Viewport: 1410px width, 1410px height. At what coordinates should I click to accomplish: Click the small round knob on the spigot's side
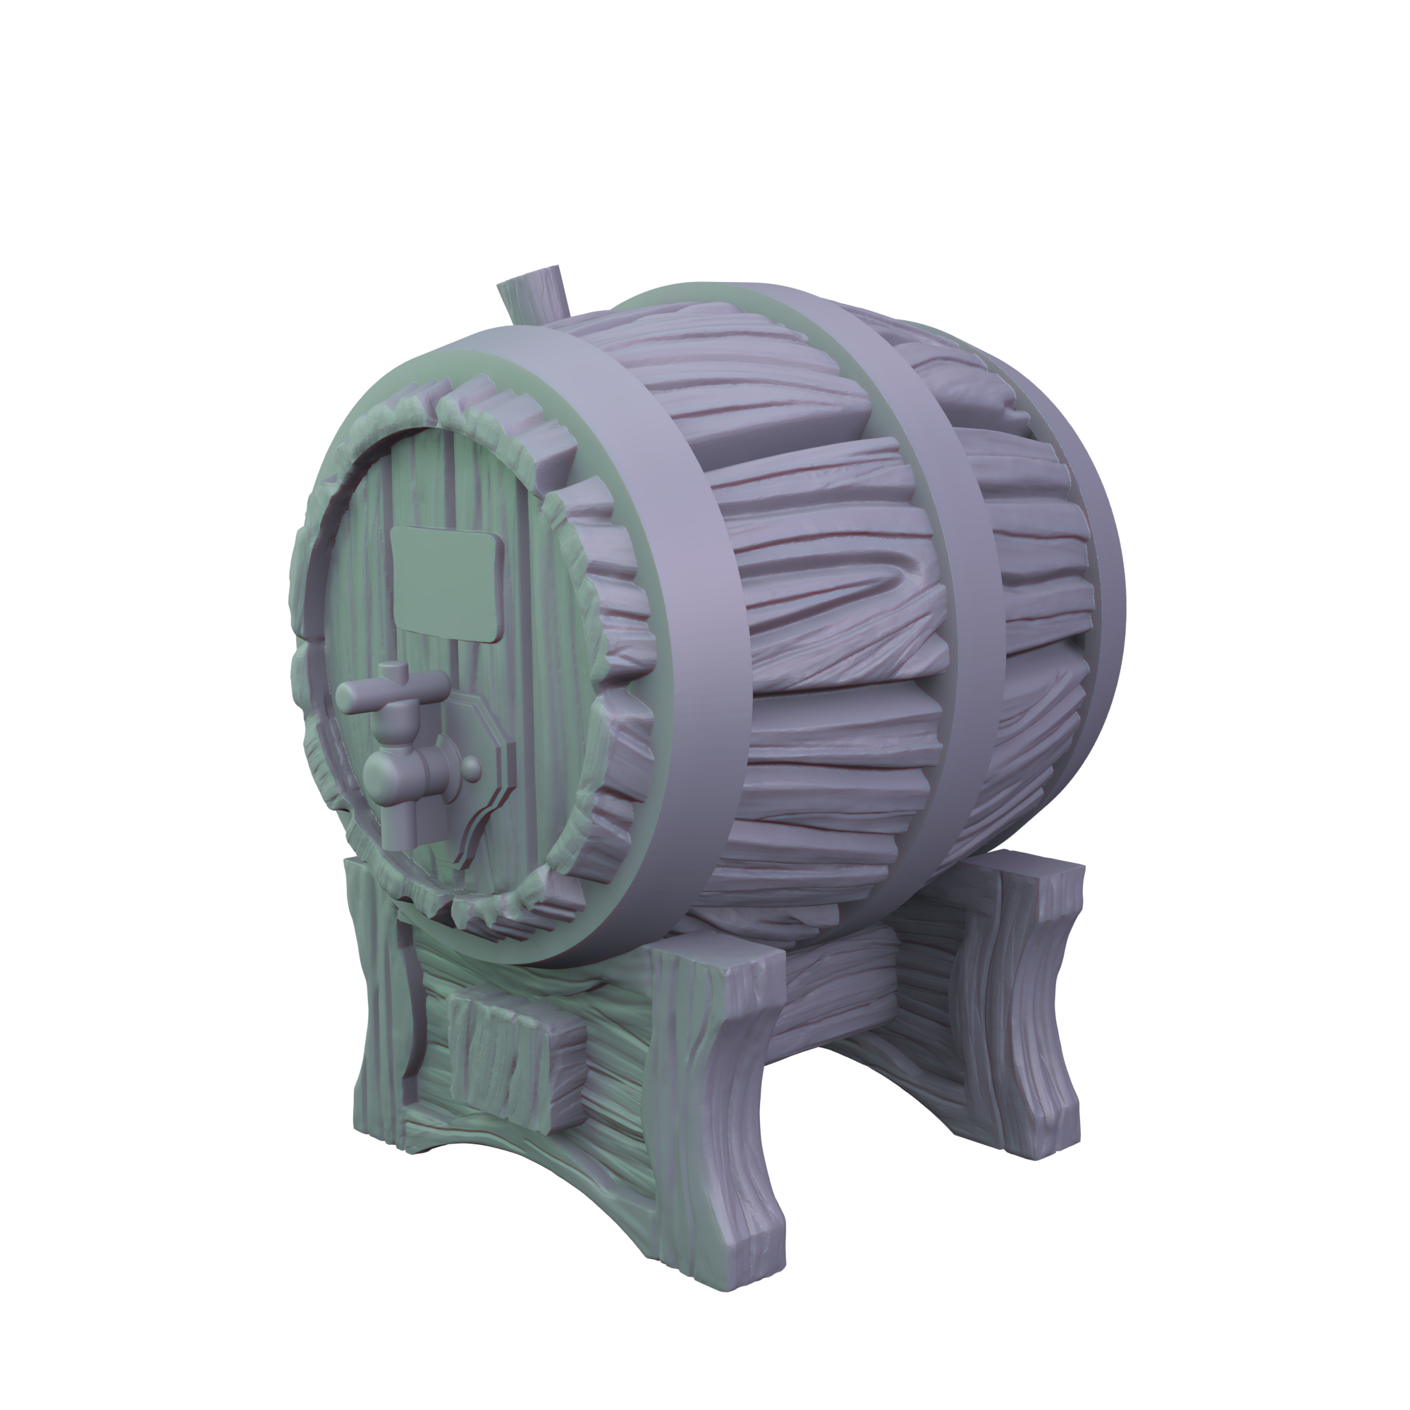point(472,768)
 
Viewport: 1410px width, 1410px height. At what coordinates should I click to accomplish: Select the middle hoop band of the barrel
point(949,584)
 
